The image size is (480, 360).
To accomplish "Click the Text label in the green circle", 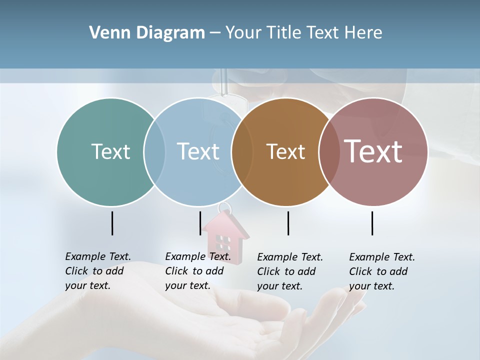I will [110, 151].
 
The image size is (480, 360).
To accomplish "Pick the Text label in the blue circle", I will [198, 151].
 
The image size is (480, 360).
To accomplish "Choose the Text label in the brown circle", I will [285, 151].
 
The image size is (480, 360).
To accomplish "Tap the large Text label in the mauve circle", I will [373, 151].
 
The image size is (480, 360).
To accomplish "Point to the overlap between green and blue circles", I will [154, 151].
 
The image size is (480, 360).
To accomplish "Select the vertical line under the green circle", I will [112, 223].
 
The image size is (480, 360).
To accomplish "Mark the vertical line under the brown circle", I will [288, 223].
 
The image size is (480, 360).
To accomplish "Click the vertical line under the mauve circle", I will [372, 223].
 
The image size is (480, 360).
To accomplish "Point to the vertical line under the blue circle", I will [200, 223].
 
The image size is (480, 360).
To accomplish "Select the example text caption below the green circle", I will [97, 271].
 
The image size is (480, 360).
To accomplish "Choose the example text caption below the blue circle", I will [197, 271].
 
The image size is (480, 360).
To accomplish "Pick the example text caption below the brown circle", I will [289, 271].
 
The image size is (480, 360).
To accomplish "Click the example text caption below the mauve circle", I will [381, 271].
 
